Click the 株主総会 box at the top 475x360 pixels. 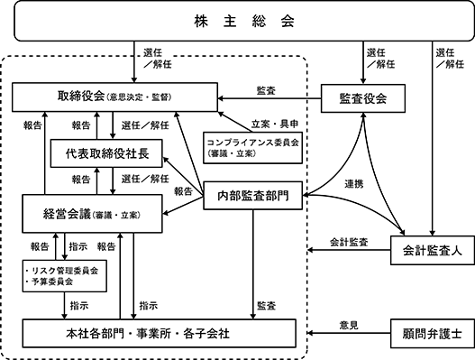coord(244,22)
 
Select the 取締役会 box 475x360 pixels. coord(114,97)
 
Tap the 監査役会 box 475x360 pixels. coord(363,98)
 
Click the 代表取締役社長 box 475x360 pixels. coord(106,153)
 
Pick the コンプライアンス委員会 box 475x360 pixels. coord(252,148)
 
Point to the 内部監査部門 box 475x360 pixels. coord(252,196)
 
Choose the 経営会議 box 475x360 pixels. coord(93,214)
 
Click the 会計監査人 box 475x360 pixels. coord(433,251)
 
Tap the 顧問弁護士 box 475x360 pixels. coord(433,333)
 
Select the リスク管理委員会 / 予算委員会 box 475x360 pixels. coord(65,276)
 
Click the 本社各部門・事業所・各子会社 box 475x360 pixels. coord(159,333)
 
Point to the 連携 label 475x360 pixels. coord(354,184)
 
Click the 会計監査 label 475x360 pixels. coord(349,242)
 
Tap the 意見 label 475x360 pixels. coord(349,325)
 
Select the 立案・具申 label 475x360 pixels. coord(275,124)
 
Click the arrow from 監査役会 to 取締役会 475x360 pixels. coord(269,98)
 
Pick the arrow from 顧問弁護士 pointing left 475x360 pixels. coord(349,333)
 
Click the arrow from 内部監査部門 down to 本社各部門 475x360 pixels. coord(253,264)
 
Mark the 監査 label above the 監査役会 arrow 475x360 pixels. coord(266,90)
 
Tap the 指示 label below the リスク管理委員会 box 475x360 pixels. coord(79,306)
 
